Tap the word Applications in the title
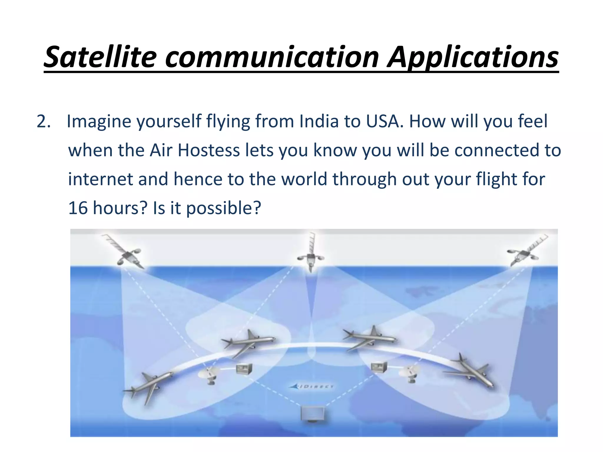473,58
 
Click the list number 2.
43,121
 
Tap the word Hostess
209,150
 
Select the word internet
100,179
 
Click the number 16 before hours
78,208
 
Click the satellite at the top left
127,253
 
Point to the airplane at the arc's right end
470,372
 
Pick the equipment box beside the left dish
244,369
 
